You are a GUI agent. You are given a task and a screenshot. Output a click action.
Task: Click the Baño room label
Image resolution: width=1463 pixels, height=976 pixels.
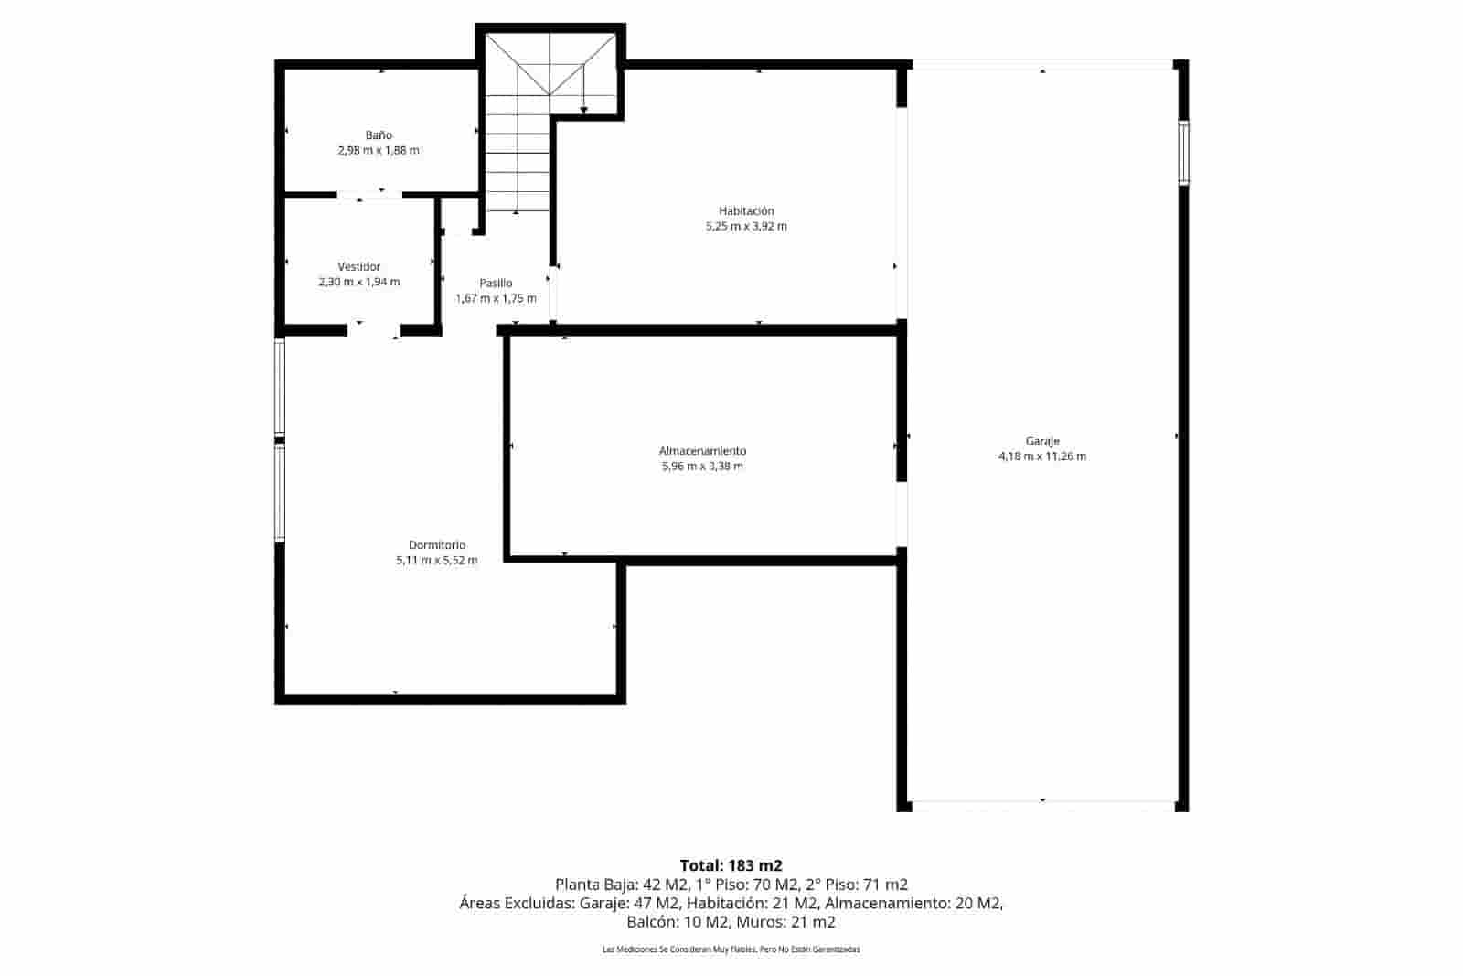(379, 135)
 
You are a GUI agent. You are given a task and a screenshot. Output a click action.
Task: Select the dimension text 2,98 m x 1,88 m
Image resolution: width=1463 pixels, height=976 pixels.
(379, 151)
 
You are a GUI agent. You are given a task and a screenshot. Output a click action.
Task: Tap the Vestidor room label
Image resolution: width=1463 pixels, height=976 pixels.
(359, 267)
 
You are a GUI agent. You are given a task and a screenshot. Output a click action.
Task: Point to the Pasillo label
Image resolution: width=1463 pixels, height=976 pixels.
(496, 284)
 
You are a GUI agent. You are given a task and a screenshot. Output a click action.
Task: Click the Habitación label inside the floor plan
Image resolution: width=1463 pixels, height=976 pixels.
(746, 211)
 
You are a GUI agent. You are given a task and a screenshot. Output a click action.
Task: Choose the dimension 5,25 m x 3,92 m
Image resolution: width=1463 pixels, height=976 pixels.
(746, 227)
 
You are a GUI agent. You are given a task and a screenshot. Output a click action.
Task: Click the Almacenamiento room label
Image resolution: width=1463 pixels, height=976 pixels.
(702, 451)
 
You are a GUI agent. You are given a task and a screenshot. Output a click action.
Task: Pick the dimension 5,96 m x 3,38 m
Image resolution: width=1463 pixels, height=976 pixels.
(702, 467)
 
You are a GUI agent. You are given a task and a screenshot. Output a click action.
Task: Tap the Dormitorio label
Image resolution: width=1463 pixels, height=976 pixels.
(437, 545)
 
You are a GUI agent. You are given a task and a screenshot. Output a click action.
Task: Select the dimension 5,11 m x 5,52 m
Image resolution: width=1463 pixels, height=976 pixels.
(437, 561)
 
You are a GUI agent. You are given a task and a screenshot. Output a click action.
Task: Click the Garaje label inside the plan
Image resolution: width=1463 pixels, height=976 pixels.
(1042, 441)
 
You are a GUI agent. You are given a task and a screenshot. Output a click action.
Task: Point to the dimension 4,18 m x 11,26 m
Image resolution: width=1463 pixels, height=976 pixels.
(1042, 456)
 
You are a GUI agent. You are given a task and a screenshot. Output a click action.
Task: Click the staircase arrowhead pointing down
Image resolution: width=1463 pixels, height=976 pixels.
(583, 111)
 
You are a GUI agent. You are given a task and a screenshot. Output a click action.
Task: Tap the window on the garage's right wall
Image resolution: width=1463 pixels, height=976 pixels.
(1182, 154)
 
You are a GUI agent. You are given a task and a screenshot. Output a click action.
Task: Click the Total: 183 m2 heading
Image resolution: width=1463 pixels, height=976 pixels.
(731, 865)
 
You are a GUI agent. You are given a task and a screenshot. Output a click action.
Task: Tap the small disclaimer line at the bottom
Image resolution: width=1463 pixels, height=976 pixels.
(731, 950)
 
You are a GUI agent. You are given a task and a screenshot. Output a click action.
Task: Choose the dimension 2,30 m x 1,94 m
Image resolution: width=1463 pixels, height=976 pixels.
(359, 283)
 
